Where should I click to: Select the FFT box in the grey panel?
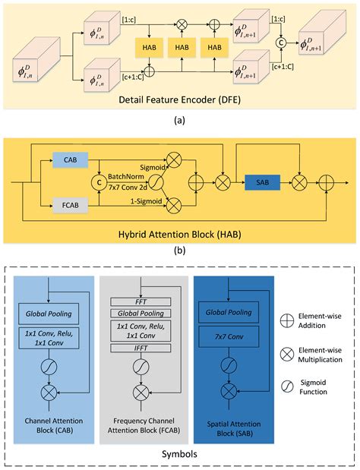(x=149, y=301)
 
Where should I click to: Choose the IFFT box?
(x=149, y=348)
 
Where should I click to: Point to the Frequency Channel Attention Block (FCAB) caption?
(x=149, y=426)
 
